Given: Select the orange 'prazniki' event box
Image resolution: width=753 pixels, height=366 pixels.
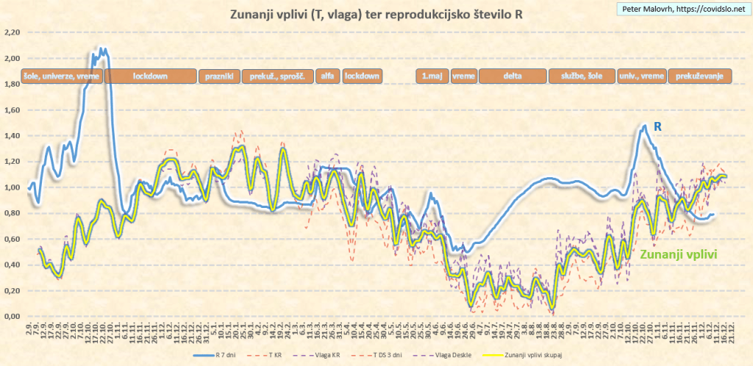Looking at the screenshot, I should click(220, 76).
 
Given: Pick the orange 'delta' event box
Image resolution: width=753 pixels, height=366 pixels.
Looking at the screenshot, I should click(513, 76).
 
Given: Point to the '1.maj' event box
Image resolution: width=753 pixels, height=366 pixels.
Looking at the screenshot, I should click(432, 76).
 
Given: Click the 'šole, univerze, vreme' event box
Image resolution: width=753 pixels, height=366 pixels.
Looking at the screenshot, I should click(63, 76).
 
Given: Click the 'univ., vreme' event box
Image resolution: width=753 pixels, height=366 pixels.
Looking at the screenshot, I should click(641, 76).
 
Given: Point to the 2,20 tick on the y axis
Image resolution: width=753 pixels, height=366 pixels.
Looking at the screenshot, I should click(11, 32).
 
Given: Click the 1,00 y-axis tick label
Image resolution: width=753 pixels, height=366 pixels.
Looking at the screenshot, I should click(11, 187).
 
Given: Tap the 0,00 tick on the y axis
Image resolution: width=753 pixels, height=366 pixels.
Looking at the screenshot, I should click(11, 317).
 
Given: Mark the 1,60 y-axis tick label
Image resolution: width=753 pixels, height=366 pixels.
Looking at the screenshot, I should click(11, 110).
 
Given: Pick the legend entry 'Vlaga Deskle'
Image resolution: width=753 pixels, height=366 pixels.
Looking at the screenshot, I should click(432, 355).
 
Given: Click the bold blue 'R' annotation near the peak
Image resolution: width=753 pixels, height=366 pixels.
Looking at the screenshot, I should click(658, 126).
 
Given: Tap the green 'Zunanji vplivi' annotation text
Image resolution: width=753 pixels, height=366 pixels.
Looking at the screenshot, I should click(679, 254).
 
